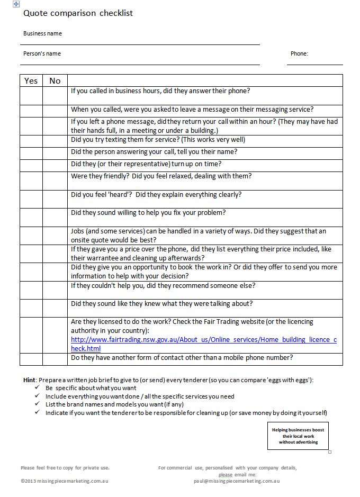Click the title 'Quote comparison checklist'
[78, 13]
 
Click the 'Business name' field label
[42, 33]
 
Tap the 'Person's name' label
[42, 53]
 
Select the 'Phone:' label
[299, 53]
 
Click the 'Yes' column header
[31, 80]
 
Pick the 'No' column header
[55, 80]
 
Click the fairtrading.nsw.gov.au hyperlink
[203, 344]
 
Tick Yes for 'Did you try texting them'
[31, 141]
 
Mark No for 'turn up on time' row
[55, 165]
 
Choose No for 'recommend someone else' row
[55, 290]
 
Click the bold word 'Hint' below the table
[29, 380]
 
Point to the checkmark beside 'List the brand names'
[37, 404]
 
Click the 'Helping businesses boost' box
[298, 436]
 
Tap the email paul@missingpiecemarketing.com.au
[237, 481]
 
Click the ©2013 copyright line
[65, 481]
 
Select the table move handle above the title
[16, 4]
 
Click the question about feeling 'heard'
[156, 195]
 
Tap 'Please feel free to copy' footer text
[65, 468]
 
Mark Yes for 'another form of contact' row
[31, 359]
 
